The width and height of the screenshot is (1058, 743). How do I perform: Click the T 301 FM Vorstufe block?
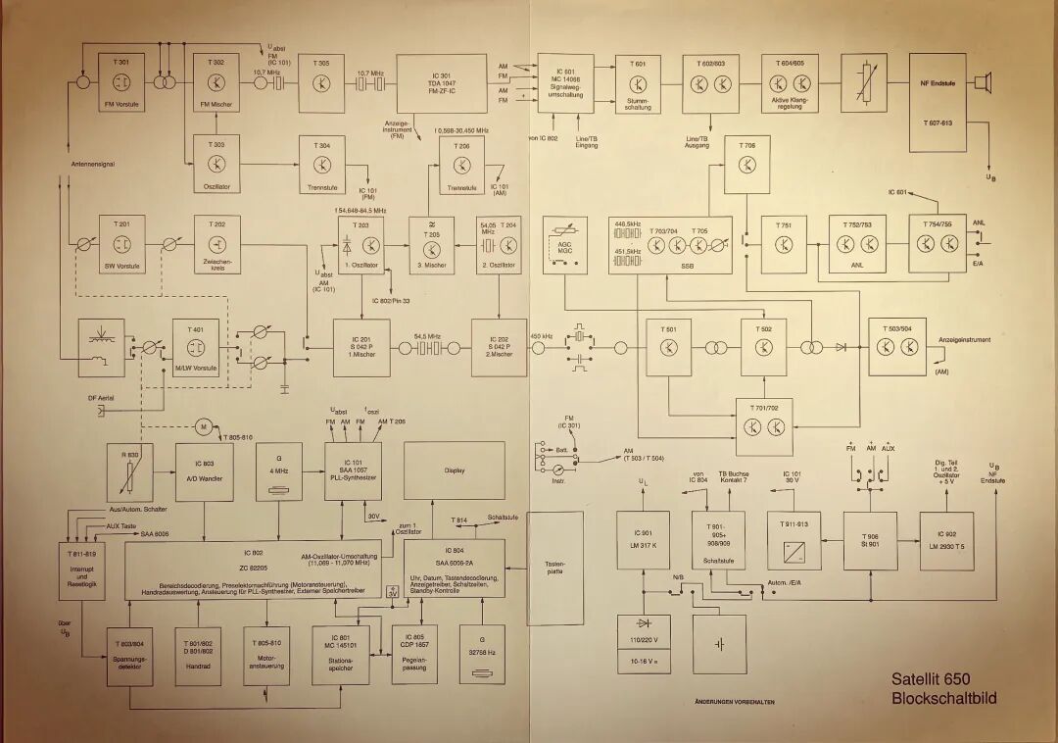point(120,82)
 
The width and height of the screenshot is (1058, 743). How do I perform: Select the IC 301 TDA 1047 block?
point(441,83)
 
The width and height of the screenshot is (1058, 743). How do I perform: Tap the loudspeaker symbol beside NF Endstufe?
point(983,84)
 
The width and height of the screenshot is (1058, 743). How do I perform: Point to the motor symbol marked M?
point(203,426)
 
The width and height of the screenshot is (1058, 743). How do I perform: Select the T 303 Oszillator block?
point(217,162)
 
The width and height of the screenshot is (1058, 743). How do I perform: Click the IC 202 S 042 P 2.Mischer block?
point(499,348)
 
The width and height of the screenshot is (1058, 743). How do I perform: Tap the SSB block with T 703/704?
point(670,245)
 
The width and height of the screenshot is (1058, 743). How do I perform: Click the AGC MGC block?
point(564,244)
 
